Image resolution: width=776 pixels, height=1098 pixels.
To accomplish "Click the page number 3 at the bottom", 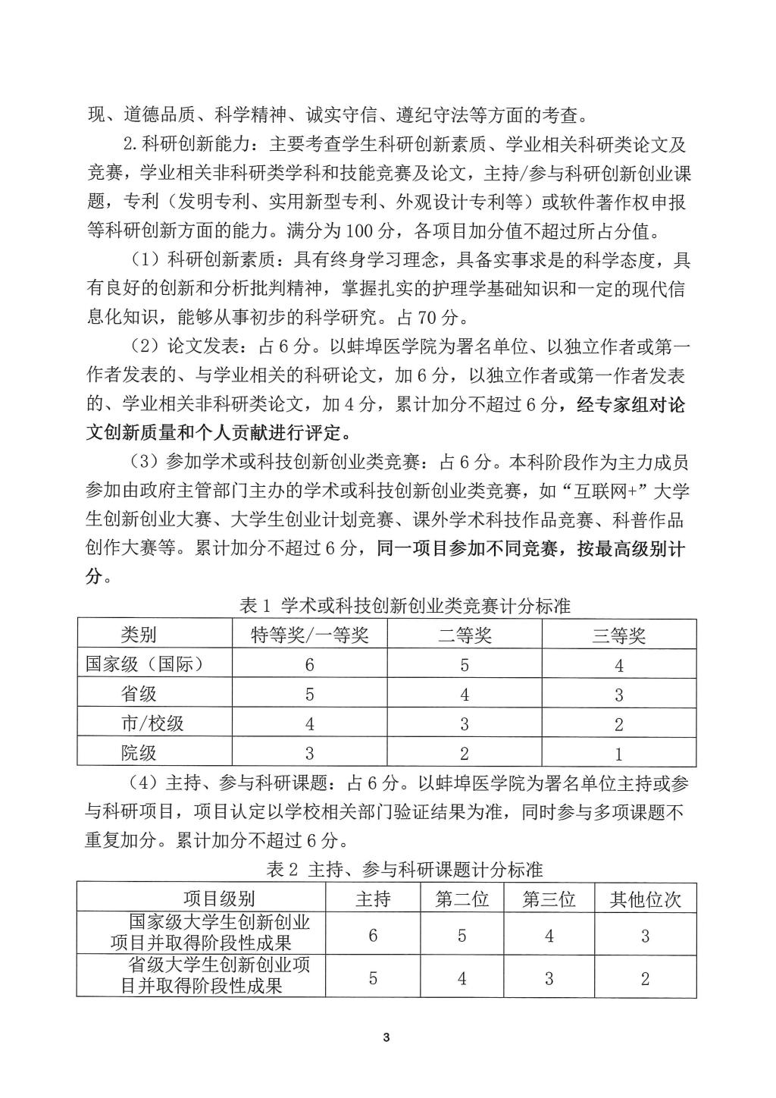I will coord(386,1037).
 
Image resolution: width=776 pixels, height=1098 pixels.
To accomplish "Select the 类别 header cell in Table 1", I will coord(139,635).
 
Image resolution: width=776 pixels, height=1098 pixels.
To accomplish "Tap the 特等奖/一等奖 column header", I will coord(309,635).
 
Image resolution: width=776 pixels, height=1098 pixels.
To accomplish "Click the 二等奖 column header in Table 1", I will coord(465,635).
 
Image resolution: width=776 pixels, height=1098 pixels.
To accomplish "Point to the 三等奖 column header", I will coord(618,635).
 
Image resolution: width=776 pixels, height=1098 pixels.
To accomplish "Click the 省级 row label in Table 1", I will coord(139,694).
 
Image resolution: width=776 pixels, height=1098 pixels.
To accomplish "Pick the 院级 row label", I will coord(139,753).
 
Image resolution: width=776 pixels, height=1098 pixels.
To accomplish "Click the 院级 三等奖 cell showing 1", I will coord(618,753).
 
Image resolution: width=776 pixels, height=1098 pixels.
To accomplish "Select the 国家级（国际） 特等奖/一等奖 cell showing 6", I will coord(309,665).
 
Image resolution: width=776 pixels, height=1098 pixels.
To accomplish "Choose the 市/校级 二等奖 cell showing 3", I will coord(465,724).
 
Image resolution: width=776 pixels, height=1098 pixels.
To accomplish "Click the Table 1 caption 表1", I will coord(405,606).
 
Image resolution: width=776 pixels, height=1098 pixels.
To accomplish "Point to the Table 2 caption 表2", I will coord(405,869).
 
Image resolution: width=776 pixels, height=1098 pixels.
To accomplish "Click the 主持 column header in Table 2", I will coord(373,899).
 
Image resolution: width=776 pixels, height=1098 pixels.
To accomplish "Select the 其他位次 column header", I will coord(645,899).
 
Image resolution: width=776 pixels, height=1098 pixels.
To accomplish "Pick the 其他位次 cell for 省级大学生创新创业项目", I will coord(645,978).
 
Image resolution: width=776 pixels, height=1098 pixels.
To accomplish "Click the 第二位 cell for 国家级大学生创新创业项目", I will coord(462,935).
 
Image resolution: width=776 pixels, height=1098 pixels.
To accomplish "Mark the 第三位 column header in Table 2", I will coord(549,899).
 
